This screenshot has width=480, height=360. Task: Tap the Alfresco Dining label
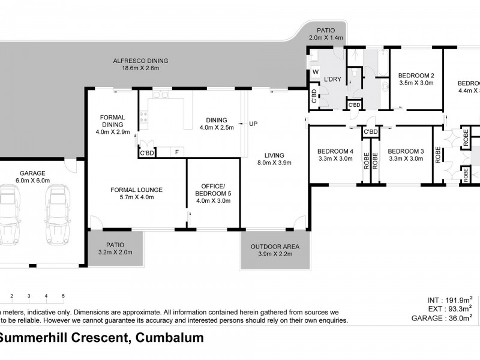[x=140, y=61]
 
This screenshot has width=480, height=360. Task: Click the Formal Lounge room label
[x=137, y=190]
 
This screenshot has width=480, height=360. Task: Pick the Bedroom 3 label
[x=406, y=151]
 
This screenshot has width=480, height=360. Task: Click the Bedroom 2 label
[x=416, y=75]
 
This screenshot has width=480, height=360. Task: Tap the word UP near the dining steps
[x=253, y=124]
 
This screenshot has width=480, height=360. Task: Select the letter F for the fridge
[x=176, y=152]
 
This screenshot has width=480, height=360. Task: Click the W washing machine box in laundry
[x=315, y=73]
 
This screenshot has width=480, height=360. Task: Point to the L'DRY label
[x=332, y=79]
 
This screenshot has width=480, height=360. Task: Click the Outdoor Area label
[x=275, y=247]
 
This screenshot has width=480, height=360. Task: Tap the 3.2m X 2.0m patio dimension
[x=115, y=253]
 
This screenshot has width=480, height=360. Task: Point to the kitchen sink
[x=160, y=95]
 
